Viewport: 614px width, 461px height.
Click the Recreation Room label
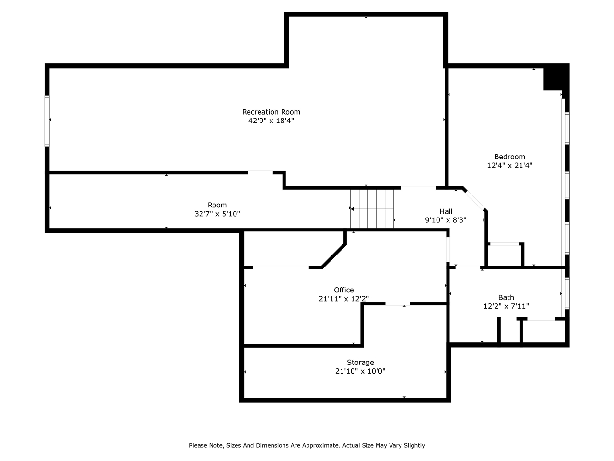271,112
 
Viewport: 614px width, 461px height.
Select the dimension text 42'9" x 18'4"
271,121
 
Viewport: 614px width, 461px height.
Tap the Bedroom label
509,157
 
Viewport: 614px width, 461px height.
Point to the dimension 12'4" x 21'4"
509,165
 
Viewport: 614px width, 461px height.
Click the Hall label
446,211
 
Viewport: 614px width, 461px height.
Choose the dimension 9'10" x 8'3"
446,220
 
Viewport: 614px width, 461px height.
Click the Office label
343,290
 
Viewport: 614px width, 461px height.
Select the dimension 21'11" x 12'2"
343,299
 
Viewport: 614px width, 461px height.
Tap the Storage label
360,363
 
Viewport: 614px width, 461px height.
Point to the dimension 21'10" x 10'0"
360,371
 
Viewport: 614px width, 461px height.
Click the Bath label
506,298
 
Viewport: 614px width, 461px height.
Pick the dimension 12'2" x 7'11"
506,306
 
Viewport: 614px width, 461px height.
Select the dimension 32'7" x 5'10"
217,214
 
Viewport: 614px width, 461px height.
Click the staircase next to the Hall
372,209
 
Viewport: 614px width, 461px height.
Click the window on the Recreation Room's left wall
47,121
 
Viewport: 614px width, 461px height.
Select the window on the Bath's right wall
567,293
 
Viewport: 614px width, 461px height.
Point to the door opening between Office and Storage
397,304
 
